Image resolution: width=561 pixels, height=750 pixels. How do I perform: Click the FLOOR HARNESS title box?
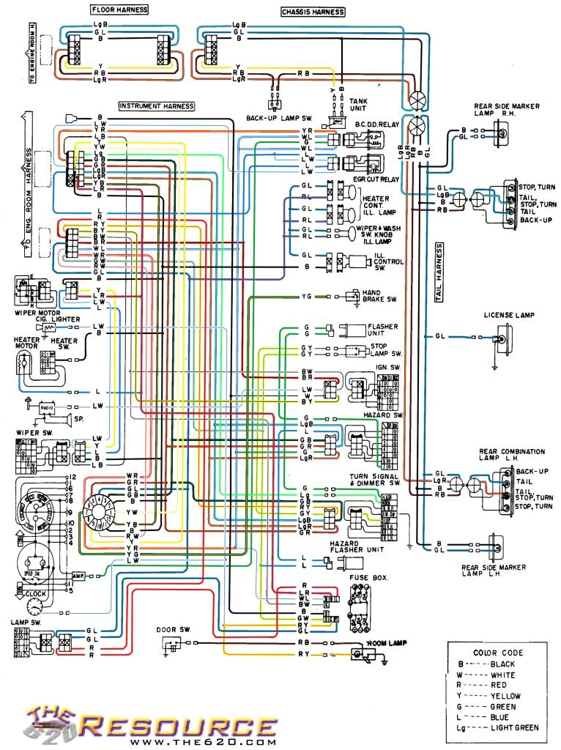click(119, 10)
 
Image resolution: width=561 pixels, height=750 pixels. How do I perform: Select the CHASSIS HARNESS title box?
click(313, 12)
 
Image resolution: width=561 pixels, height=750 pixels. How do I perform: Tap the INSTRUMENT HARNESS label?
click(157, 106)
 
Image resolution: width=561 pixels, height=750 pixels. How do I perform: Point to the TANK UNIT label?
click(358, 104)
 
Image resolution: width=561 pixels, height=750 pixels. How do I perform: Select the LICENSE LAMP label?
click(509, 316)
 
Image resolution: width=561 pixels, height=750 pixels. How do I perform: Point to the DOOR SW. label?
click(173, 630)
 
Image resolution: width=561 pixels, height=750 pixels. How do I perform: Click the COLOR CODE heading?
click(498, 652)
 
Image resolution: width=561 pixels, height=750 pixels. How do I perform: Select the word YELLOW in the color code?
click(505, 696)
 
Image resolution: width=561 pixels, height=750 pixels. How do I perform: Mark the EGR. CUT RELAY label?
click(378, 179)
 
